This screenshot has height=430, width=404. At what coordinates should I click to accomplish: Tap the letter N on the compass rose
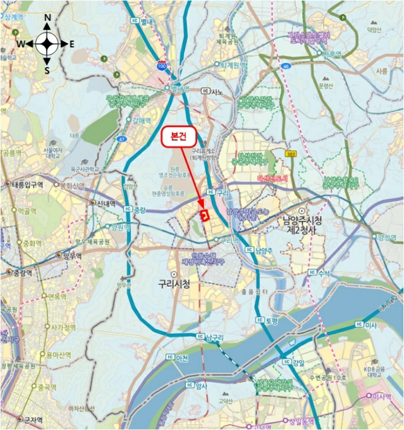[x=47, y=18]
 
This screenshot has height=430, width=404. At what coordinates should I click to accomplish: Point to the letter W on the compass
[x=20, y=44]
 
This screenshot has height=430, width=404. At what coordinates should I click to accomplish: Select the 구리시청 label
[x=170, y=284]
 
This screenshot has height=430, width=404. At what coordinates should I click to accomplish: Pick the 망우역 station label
[x=71, y=256]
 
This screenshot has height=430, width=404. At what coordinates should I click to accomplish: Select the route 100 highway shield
[x=161, y=66]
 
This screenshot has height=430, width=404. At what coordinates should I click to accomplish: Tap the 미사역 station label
[x=384, y=397]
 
